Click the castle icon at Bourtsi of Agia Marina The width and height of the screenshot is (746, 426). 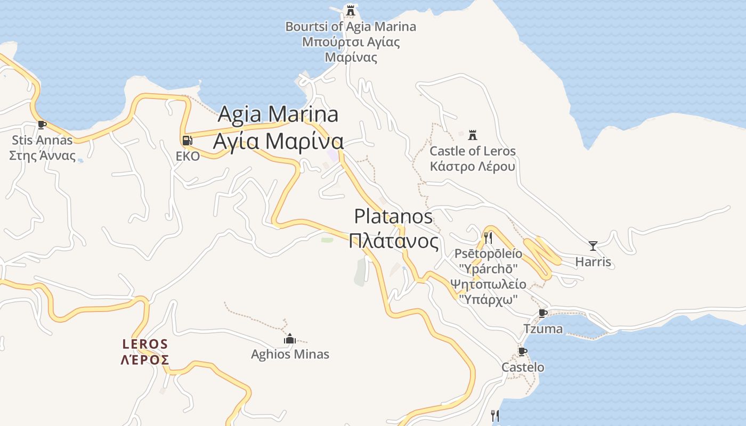pos(350,10)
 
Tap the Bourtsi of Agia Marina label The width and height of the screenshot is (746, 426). pos(351,42)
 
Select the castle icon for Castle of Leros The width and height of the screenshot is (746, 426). pos(472,135)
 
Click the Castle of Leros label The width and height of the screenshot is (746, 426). pos(473,159)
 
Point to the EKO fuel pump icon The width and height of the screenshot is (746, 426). pos(187,141)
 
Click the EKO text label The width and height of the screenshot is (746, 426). pos(188,157)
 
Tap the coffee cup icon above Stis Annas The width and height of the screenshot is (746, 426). pos(42,125)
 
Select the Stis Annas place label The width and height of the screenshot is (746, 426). pos(42,148)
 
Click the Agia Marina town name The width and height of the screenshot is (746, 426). pos(278,128)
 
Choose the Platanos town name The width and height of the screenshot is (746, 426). pos(394,229)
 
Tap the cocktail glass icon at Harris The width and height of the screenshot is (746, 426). pos(593,246)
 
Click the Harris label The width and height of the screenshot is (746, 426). pos(593,262)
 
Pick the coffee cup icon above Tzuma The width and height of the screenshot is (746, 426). pos(543,313)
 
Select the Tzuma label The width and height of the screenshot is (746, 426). pos(543,329)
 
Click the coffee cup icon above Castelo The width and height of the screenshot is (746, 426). pos(523,351)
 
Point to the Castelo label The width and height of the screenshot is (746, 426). pos(523,367)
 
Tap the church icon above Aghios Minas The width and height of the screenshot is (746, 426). pos(290,339)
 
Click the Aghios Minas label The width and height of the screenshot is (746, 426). pos(290,354)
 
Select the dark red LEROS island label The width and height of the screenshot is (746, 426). pos(145,352)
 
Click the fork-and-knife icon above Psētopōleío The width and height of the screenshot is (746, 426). pos(488,237)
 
